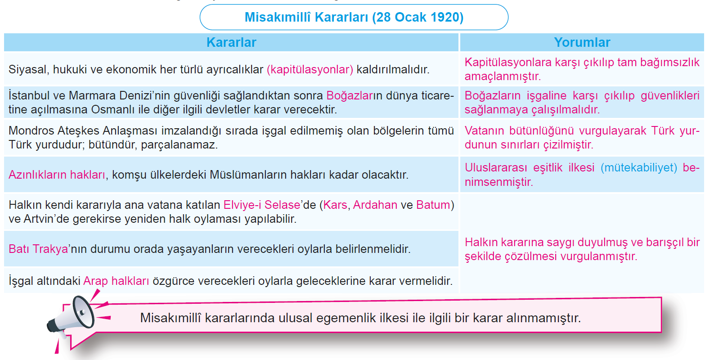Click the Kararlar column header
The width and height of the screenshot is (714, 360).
point(231,42)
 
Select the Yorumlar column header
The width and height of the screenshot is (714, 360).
point(582,42)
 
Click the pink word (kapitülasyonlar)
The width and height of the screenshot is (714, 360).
point(310,69)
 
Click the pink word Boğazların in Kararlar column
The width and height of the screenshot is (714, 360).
point(350,96)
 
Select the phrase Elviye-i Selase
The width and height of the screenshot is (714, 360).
point(262,205)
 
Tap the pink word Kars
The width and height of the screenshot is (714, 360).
point(335,205)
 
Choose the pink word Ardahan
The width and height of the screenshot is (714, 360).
point(375,205)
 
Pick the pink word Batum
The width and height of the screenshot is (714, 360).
point(433,205)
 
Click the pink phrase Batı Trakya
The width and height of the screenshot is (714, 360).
point(38,249)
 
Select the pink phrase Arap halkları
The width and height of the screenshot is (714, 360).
point(116,281)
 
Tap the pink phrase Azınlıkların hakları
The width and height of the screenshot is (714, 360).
point(57,175)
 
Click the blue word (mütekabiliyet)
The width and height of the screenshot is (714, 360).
point(639,168)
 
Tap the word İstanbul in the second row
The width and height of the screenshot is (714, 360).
point(29,96)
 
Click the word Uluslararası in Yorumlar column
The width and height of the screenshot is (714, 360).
point(496,168)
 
